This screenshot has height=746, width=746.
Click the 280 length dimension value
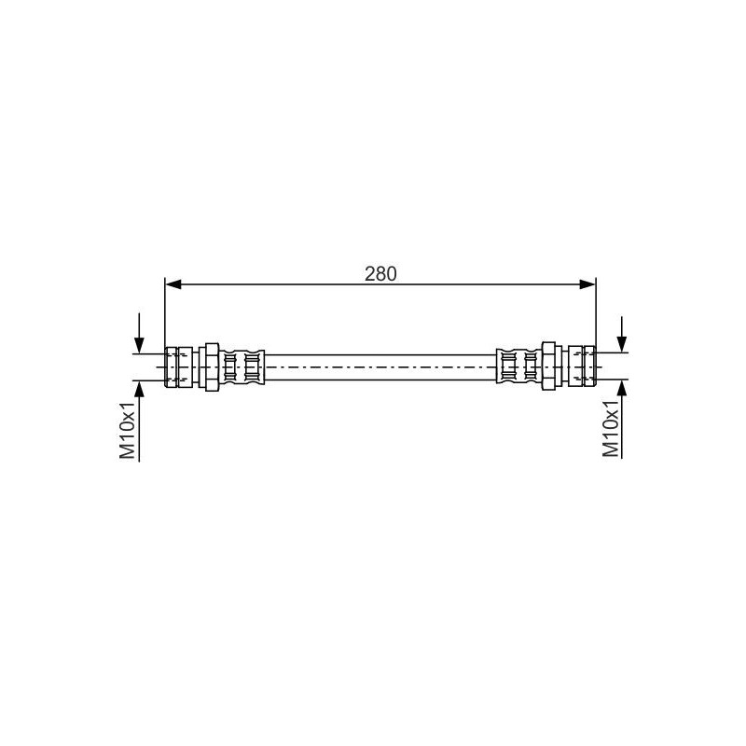pyautogui.click(x=380, y=274)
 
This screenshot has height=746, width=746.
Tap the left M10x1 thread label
pyautogui.click(x=128, y=431)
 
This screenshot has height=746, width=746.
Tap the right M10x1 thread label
pyautogui.click(x=611, y=428)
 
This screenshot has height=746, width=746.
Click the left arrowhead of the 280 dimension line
pyautogui.click(x=173, y=284)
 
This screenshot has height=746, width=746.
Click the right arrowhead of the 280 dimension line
pyautogui.click(x=587, y=284)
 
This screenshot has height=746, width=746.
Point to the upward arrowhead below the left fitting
pyautogui.click(x=139, y=389)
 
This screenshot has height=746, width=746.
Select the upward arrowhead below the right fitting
pyautogui.click(x=621, y=388)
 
